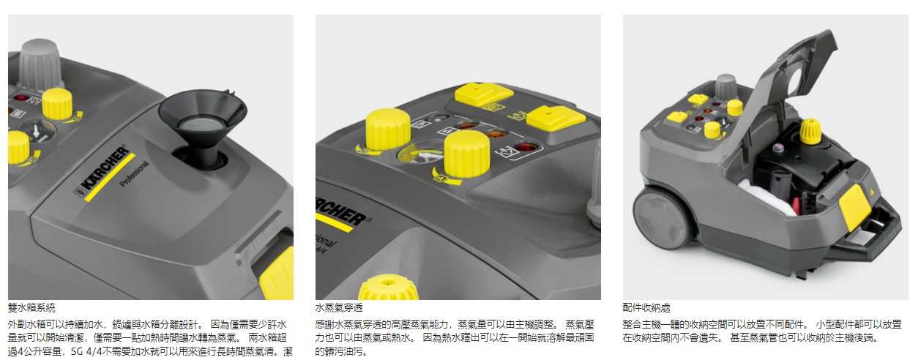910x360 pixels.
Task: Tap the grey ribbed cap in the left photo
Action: click(x=40, y=65)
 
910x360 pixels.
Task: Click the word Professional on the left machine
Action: click(x=135, y=173)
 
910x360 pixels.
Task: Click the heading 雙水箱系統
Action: click(x=31, y=307)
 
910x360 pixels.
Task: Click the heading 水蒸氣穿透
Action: click(x=339, y=307)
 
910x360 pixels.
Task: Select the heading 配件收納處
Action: click(x=646, y=307)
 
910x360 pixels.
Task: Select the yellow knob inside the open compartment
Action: click(x=810, y=131)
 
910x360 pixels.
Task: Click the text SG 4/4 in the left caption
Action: click(x=86, y=351)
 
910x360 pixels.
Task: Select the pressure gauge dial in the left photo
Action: click(x=37, y=132)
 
